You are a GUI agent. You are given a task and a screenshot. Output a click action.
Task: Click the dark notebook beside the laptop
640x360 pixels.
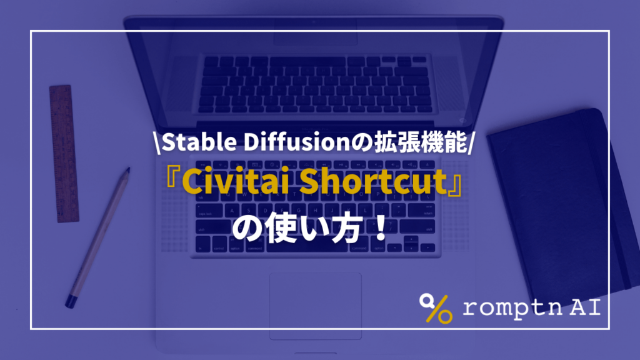pyautogui.click(x=556, y=200)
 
